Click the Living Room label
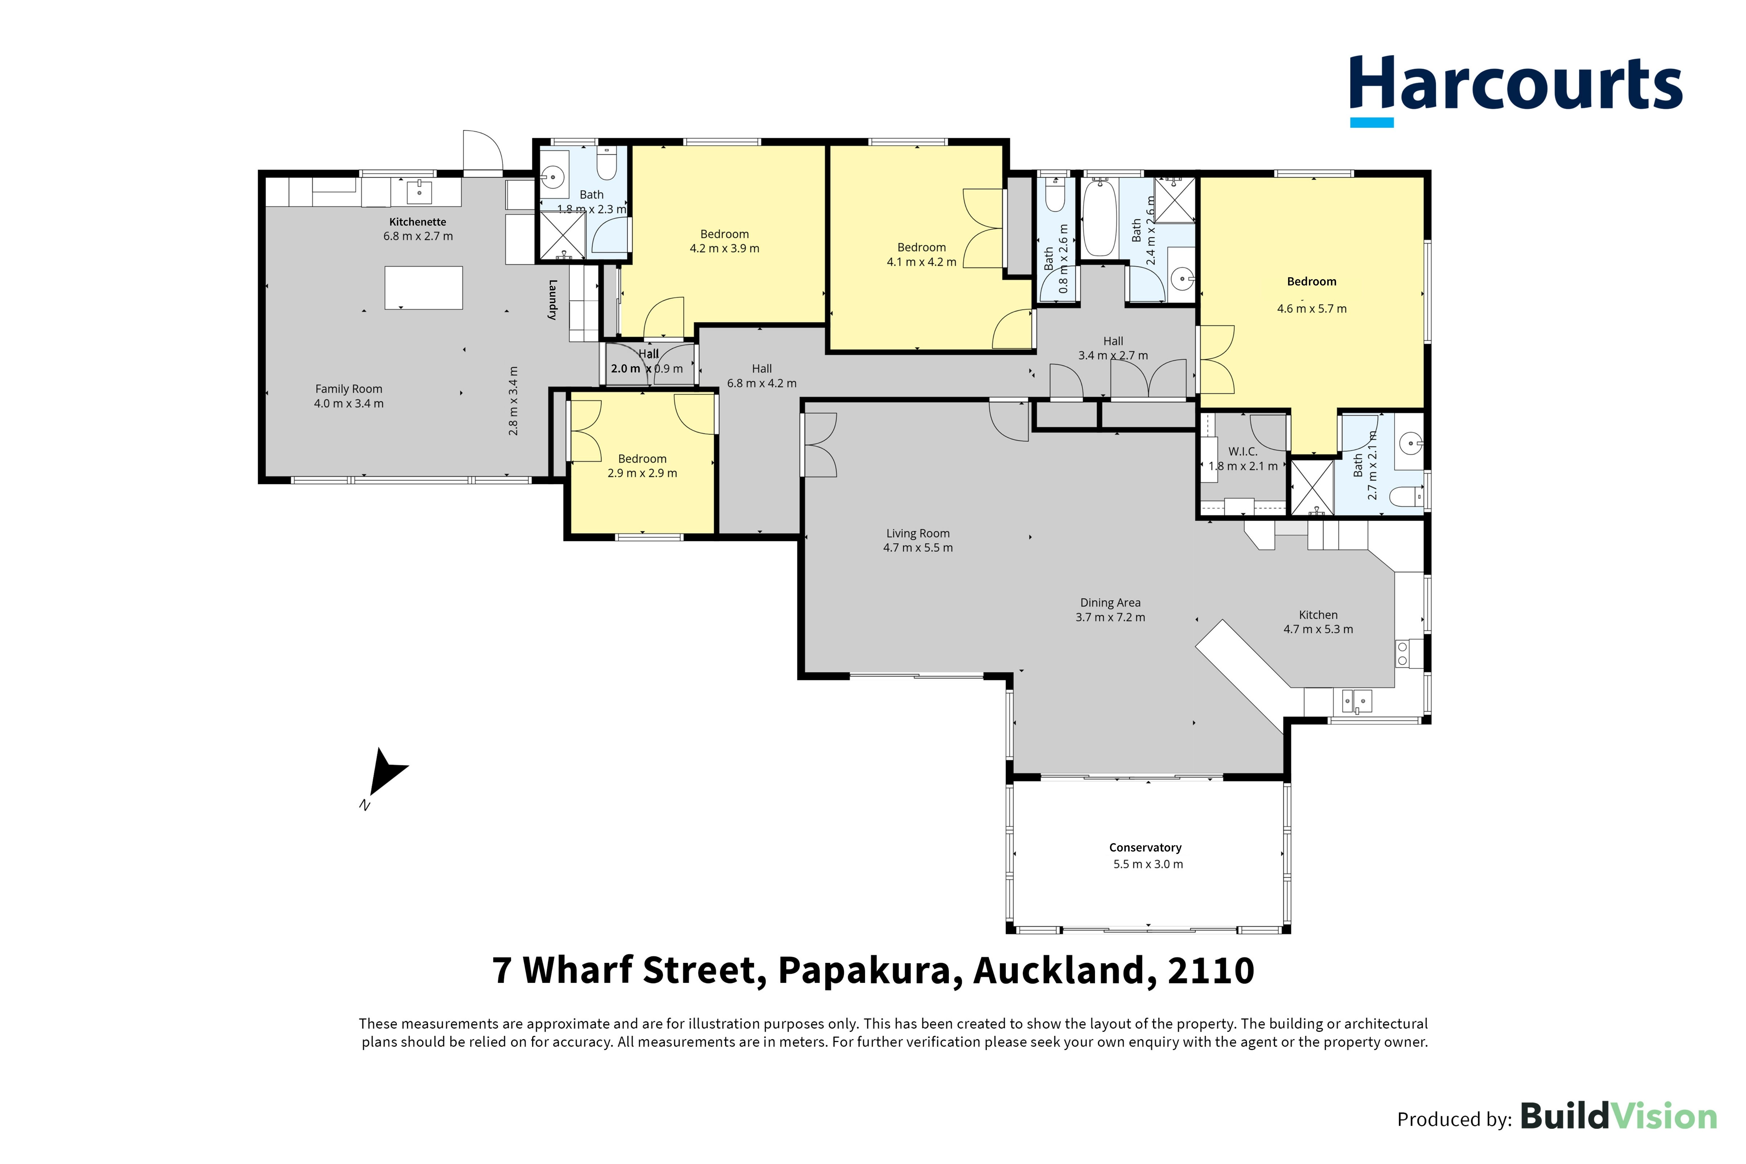pyautogui.click(x=918, y=533)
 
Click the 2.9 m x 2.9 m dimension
pyautogui.click(x=642, y=473)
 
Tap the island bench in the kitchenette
pyautogui.click(x=423, y=287)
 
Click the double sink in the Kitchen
pyautogui.click(x=1357, y=701)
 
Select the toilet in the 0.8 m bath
pyautogui.click(x=1054, y=194)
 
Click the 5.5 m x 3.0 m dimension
pyautogui.click(x=1148, y=864)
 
